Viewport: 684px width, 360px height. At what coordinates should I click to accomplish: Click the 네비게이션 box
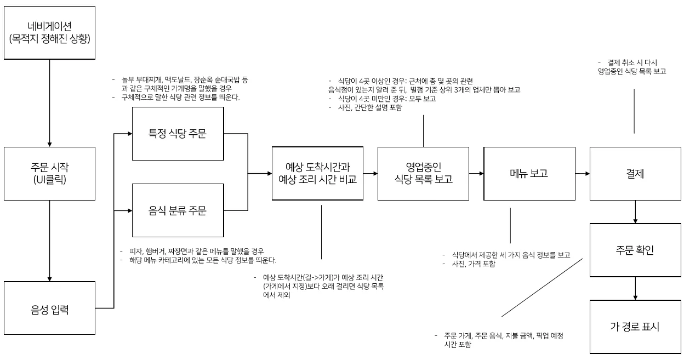[49, 32]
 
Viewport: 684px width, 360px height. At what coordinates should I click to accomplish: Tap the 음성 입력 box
[49, 310]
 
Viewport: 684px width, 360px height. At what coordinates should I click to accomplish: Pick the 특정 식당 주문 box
[179, 133]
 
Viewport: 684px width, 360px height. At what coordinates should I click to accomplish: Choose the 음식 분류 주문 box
[179, 210]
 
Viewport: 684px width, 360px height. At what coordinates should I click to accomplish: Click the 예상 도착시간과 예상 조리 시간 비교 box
[318, 173]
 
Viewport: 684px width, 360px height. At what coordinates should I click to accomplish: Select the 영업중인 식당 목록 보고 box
[423, 173]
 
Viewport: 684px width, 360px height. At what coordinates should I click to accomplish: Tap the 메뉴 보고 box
[529, 173]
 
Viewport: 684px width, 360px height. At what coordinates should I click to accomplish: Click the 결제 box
[634, 173]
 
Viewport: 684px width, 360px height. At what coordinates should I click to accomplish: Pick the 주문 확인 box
[634, 250]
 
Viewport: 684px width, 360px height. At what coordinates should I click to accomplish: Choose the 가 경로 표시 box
[634, 327]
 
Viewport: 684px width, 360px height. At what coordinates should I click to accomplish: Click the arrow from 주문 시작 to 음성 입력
[49, 242]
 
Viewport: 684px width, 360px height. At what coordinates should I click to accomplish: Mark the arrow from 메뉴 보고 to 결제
[583, 174]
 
